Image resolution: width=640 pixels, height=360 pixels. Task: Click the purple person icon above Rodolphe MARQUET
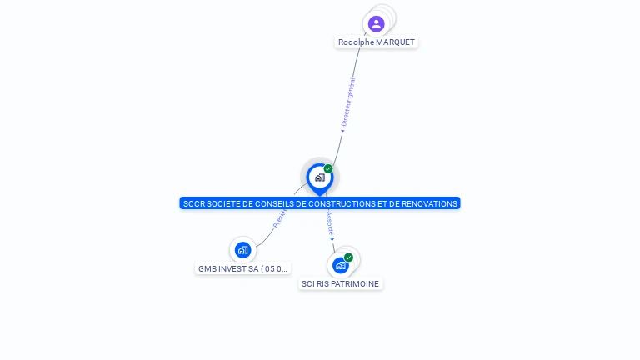[376, 23]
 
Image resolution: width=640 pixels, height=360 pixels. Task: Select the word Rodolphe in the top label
[356, 42]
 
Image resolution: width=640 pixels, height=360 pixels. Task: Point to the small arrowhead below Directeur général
[342, 130]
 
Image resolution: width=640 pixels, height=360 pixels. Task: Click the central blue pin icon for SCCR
[319, 177]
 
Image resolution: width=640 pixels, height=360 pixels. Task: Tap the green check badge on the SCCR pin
[328, 169]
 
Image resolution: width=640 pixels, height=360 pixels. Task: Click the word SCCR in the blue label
[193, 203]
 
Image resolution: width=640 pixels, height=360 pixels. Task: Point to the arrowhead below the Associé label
[332, 239]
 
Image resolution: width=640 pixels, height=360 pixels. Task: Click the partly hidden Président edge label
[280, 219]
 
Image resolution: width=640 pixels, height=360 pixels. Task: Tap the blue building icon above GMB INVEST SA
[242, 249]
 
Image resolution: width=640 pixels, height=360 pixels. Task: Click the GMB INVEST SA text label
[242, 269]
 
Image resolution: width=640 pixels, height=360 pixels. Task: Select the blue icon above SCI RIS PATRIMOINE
[340, 265]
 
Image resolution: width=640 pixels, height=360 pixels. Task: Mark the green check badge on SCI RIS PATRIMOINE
[348, 257]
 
